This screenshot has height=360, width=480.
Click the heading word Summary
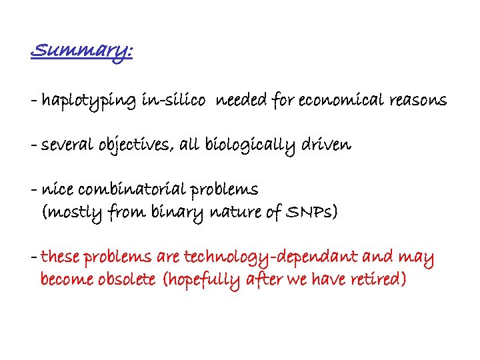point(81,51)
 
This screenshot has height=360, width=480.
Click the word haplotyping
point(89,101)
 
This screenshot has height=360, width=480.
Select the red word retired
point(375,279)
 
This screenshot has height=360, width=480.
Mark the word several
point(69,145)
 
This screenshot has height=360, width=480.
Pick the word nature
point(233,213)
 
